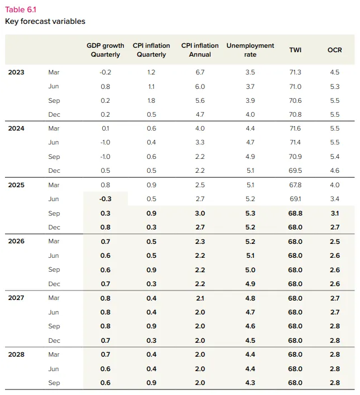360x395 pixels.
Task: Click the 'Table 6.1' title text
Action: coord(21,9)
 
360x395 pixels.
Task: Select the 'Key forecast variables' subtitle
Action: coord(45,22)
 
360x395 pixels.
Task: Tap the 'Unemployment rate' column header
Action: coord(250,50)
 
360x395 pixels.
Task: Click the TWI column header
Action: coord(295,50)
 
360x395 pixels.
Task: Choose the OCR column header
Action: coord(334,50)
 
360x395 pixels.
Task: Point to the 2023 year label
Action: coord(16,72)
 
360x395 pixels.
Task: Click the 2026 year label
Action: coord(16,241)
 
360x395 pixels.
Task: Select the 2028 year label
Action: coord(16,354)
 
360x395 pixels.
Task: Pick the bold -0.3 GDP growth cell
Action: coord(106,199)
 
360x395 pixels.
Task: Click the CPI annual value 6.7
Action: coord(200,72)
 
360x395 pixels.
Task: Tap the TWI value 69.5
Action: coord(295,171)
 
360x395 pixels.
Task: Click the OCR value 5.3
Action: coord(335,87)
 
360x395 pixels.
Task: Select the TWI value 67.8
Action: coord(295,185)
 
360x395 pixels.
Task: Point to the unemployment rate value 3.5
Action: coord(250,72)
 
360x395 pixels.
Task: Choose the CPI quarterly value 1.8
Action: coord(151,101)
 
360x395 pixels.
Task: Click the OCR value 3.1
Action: coord(335,213)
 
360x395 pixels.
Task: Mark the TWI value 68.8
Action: coord(295,213)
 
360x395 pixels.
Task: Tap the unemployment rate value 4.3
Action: coord(250,383)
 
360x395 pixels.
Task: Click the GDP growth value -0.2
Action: coord(106,72)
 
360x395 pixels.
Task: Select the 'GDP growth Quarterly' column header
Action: coord(106,50)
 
